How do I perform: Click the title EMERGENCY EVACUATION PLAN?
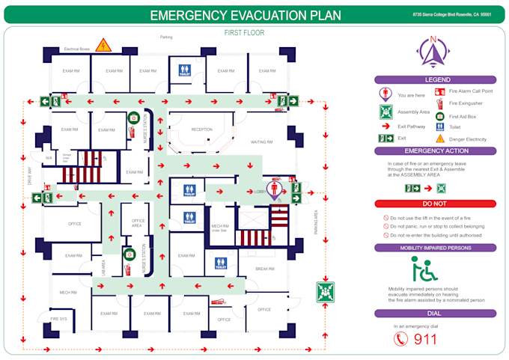(245, 15)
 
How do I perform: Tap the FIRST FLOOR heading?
(244, 33)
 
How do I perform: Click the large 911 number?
(424, 338)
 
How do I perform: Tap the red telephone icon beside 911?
(402, 338)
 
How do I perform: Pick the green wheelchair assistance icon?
(424, 269)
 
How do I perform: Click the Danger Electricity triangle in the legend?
(440, 139)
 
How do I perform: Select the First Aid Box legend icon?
(440, 116)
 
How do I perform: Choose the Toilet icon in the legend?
(440, 127)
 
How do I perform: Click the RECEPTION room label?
(201, 129)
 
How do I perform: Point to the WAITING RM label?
(261, 142)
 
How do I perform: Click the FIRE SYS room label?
(58, 320)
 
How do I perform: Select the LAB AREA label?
(104, 267)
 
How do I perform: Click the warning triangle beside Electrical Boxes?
(104, 46)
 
